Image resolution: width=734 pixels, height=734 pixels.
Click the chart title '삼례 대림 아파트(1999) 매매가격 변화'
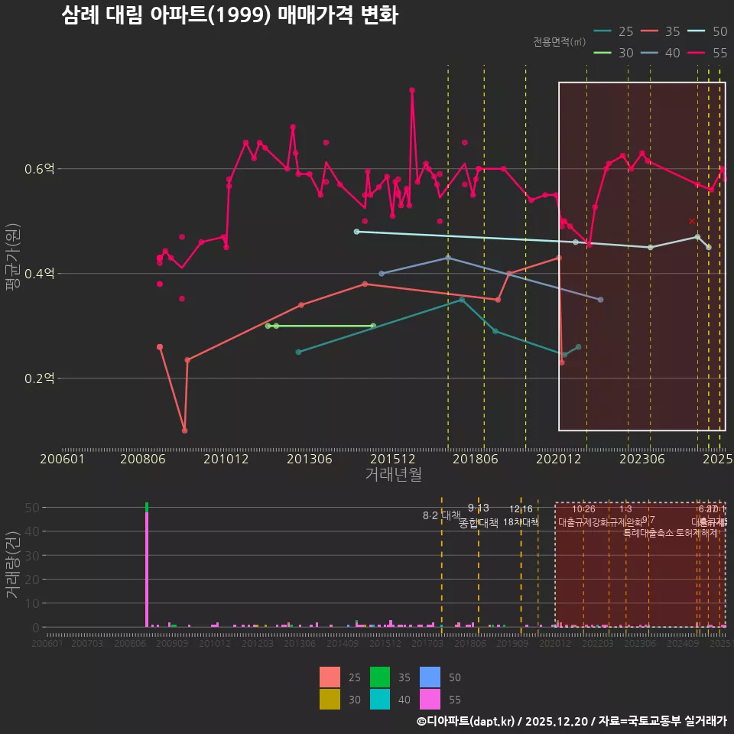coord(229,15)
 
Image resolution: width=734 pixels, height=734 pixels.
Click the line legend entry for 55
coord(709,53)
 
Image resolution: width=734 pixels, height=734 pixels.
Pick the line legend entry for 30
coord(614,53)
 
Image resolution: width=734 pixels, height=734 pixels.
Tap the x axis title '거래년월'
coord(393,475)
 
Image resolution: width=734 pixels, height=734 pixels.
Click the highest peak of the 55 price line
coord(412,90)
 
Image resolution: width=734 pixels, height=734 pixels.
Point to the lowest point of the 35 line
coord(185,430)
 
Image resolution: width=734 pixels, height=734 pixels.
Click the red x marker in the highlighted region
coord(692,221)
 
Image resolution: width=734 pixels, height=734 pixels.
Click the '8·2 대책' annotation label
coord(442,515)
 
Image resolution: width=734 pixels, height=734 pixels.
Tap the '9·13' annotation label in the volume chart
coord(479,508)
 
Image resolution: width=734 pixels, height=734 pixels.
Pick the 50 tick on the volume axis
coord(34,507)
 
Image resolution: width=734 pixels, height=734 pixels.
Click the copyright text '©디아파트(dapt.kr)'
coord(466,721)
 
